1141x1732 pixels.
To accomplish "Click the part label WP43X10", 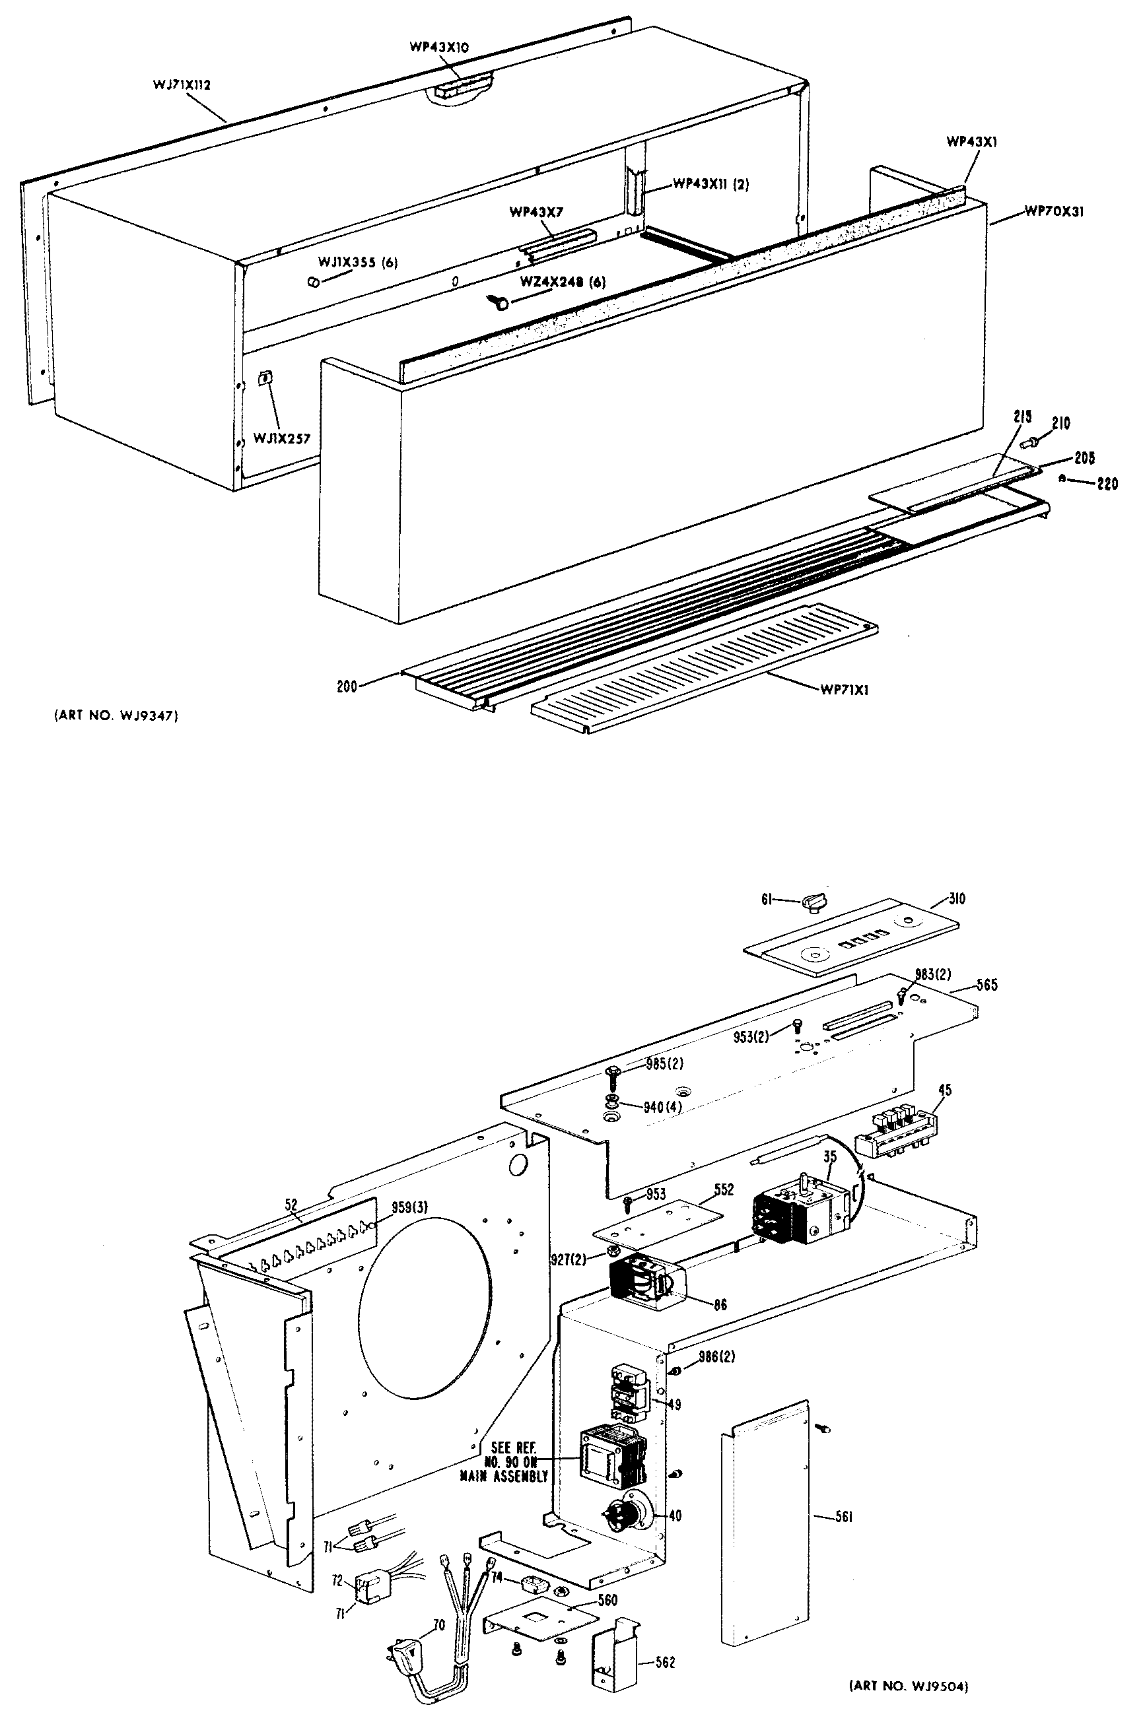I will [x=439, y=48].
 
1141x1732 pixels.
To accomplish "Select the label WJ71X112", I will [x=182, y=84].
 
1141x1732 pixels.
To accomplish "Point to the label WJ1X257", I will [x=282, y=439].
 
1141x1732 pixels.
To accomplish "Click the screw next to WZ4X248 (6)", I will [x=501, y=300].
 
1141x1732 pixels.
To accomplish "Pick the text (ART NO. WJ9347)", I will [x=116, y=716].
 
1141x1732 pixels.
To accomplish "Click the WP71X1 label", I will [x=844, y=690].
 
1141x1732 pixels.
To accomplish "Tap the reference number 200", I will [x=347, y=686].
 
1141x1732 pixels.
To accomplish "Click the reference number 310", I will [x=957, y=899].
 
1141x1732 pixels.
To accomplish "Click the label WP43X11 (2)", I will [x=710, y=184].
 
